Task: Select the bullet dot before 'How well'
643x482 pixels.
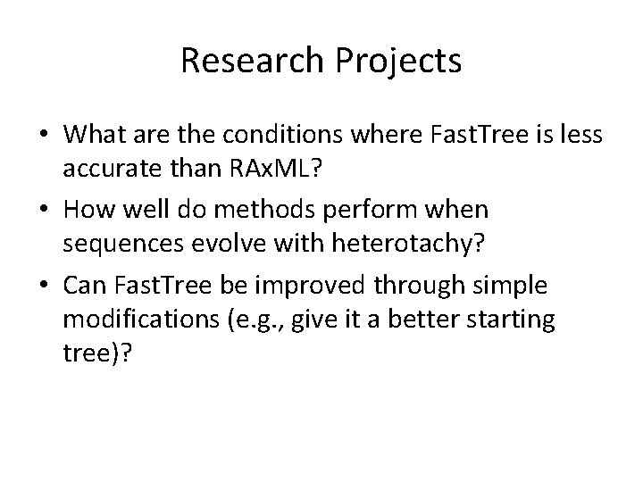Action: tap(42, 210)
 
